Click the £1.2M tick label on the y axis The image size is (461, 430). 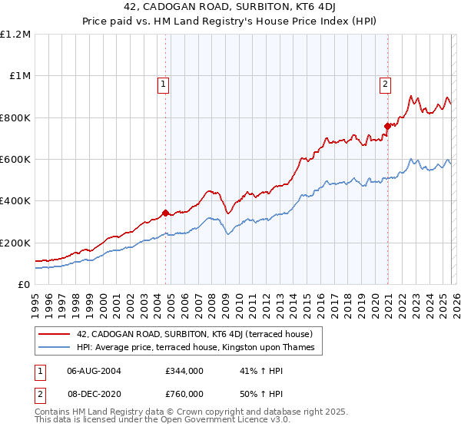click(x=15, y=35)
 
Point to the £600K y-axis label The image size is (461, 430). click(x=15, y=160)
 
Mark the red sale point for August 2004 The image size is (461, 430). click(x=165, y=213)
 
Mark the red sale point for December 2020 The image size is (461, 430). click(x=387, y=126)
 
